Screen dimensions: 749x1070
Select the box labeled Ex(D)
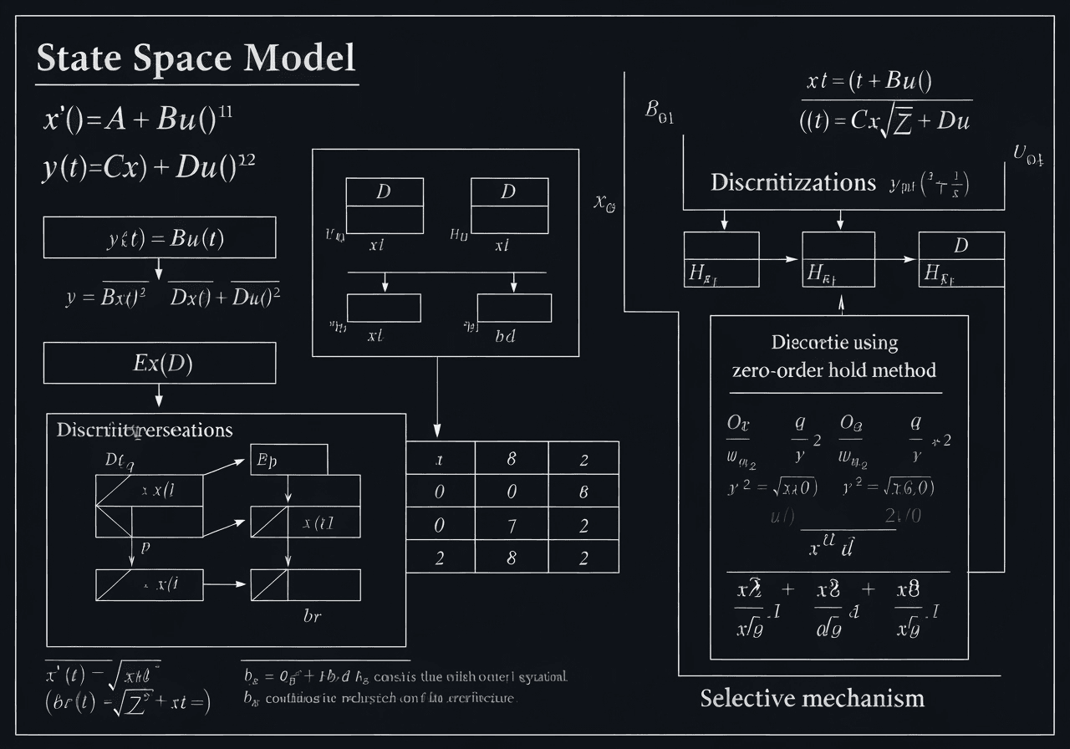point(159,363)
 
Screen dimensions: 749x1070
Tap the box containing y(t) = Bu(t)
point(159,237)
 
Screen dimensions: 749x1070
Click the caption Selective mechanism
point(812,698)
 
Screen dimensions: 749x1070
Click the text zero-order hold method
point(833,369)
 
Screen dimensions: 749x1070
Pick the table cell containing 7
point(511,526)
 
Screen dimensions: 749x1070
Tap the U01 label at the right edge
point(1027,155)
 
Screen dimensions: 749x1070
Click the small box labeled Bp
point(288,459)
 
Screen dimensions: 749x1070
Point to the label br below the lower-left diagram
point(312,617)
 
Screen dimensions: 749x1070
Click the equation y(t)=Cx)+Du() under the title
point(149,168)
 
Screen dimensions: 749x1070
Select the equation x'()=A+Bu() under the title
point(136,120)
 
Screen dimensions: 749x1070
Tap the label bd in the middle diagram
point(504,335)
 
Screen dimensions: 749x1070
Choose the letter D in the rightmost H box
point(960,246)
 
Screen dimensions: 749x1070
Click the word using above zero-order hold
point(870,342)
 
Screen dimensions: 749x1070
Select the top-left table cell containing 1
point(440,458)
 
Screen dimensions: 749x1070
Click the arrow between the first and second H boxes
point(780,260)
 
